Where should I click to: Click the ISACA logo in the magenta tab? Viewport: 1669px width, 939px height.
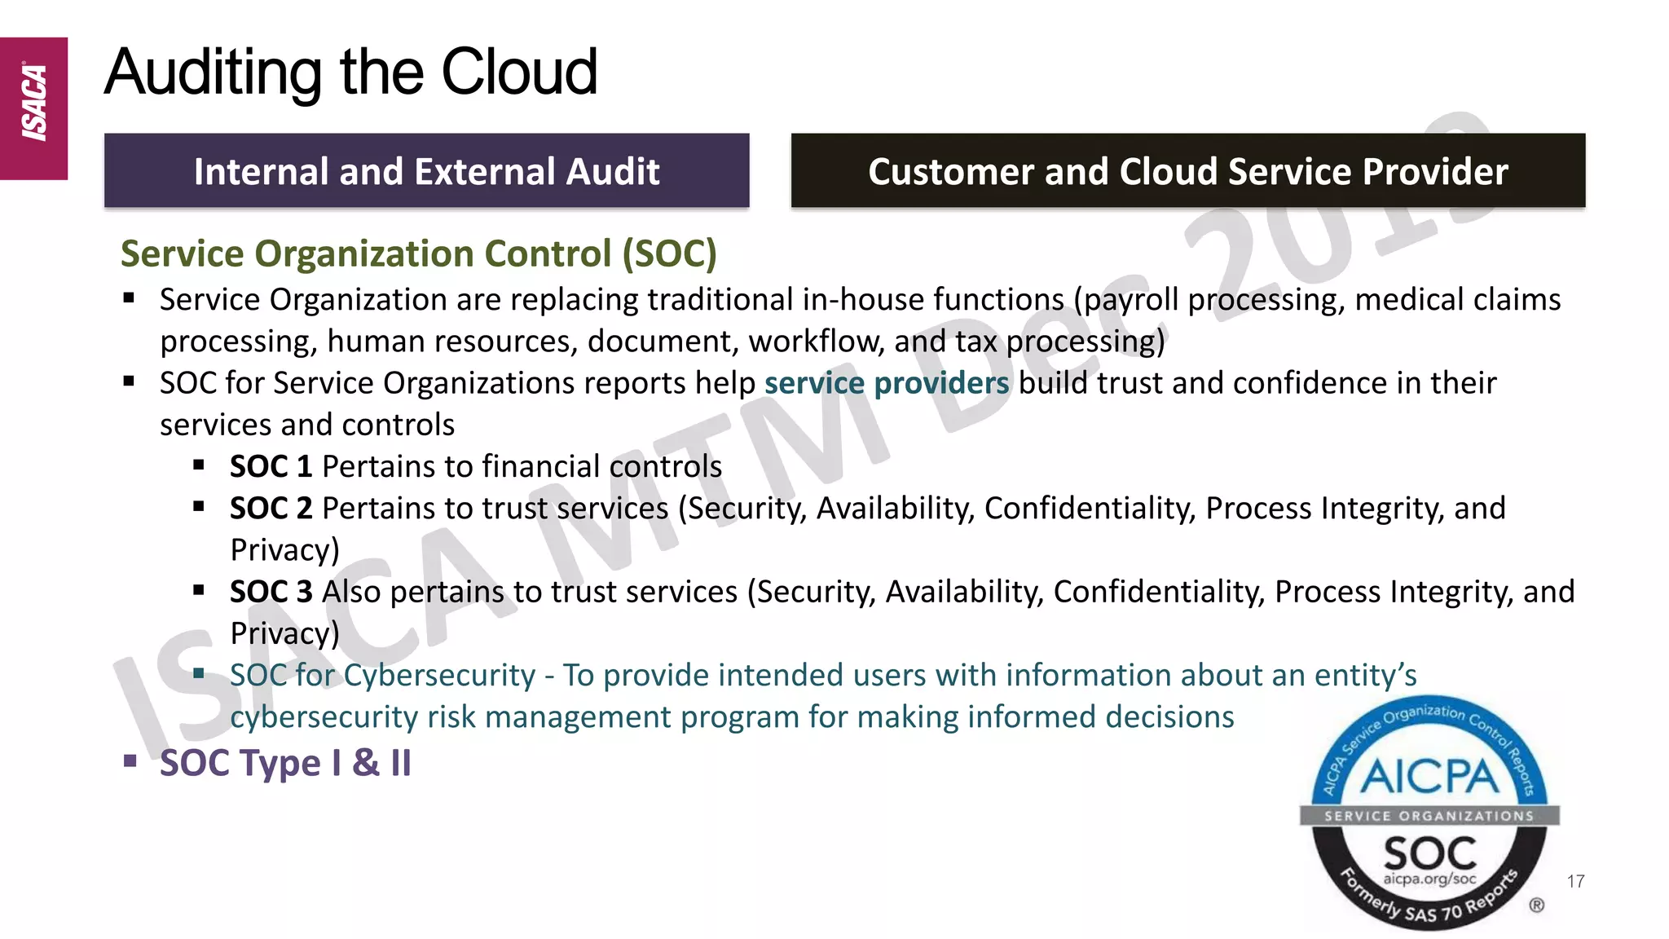(34, 104)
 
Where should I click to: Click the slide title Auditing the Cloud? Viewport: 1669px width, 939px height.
(351, 72)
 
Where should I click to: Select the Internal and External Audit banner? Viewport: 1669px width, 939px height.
(426, 171)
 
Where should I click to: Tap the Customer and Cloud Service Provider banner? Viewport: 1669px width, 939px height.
(1187, 171)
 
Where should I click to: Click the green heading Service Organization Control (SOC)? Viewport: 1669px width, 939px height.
(418, 253)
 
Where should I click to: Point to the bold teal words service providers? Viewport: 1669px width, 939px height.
(887, 383)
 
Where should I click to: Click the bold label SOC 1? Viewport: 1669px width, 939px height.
(271, 467)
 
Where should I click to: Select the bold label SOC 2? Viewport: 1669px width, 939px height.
(271, 509)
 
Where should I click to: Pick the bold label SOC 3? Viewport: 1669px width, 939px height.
(271, 592)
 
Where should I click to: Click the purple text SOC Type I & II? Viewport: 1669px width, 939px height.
(285, 764)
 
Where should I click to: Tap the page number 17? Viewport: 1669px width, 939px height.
(1575, 881)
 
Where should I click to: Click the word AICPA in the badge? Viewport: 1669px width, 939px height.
(1429, 777)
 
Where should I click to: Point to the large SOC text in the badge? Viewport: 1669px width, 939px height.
(1429, 853)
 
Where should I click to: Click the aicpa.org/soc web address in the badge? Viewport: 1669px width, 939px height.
(1429, 879)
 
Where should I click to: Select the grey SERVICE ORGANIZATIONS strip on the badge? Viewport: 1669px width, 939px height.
(1429, 816)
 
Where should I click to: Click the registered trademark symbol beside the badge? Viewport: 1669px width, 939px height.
(1536, 906)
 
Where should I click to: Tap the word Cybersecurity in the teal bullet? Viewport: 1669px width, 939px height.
(439, 676)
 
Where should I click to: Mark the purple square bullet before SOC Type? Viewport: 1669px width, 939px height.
(130, 762)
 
